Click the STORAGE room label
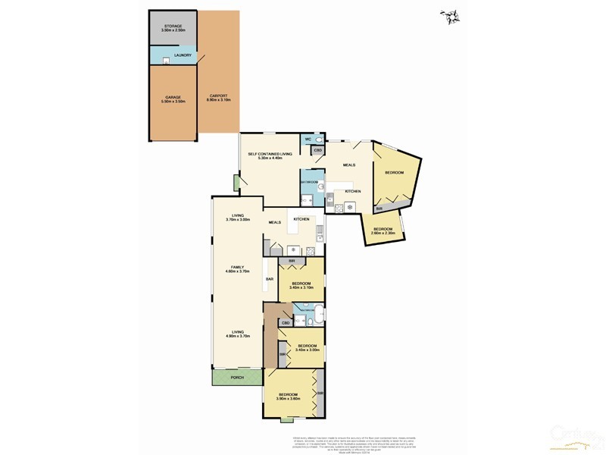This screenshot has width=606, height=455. click(x=173, y=28)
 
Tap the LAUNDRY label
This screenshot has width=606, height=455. click(x=183, y=55)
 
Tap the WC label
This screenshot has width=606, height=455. click(x=308, y=140)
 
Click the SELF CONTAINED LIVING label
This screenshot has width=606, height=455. click(x=270, y=155)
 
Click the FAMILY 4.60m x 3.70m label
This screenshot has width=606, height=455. click(x=242, y=270)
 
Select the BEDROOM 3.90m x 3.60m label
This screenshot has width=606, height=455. click(x=289, y=396)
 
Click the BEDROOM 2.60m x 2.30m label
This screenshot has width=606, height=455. click(x=383, y=231)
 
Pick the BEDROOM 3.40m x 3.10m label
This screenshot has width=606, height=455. click(x=301, y=285)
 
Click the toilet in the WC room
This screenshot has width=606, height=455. click(x=320, y=140)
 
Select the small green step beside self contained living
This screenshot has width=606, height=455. click(x=236, y=184)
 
